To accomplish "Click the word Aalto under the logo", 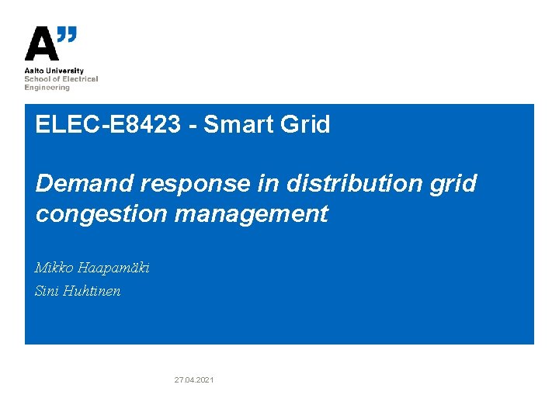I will (x=34, y=71).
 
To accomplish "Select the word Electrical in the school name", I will (x=82, y=79).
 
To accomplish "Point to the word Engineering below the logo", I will (x=47, y=88).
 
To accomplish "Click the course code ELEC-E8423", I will (x=107, y=124).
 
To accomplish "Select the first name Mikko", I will (x=52, y=268).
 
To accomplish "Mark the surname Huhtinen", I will (x=93, y=292).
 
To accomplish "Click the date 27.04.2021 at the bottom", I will (x=194, y=379).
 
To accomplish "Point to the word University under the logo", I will (x=65, y=71).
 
